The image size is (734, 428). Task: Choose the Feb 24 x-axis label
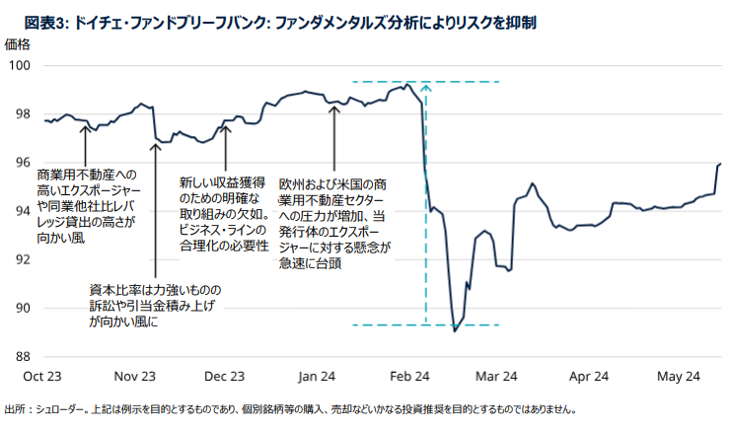coord(409,376)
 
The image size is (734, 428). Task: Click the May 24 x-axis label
coord(679,376)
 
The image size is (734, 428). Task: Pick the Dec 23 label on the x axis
coord(226,376)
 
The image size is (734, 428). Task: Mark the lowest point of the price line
coord(454,331)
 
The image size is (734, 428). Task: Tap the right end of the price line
coord(721,164)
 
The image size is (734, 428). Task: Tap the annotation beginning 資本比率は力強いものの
coord(156,306)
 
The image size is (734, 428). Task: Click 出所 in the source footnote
coord(16,409)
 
